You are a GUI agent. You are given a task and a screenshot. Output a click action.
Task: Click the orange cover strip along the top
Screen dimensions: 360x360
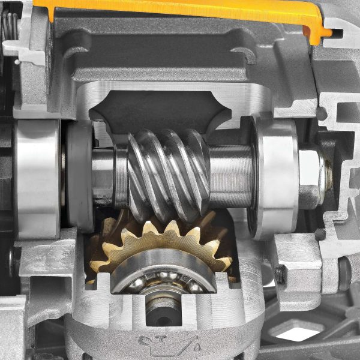(x=180, y=8)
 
